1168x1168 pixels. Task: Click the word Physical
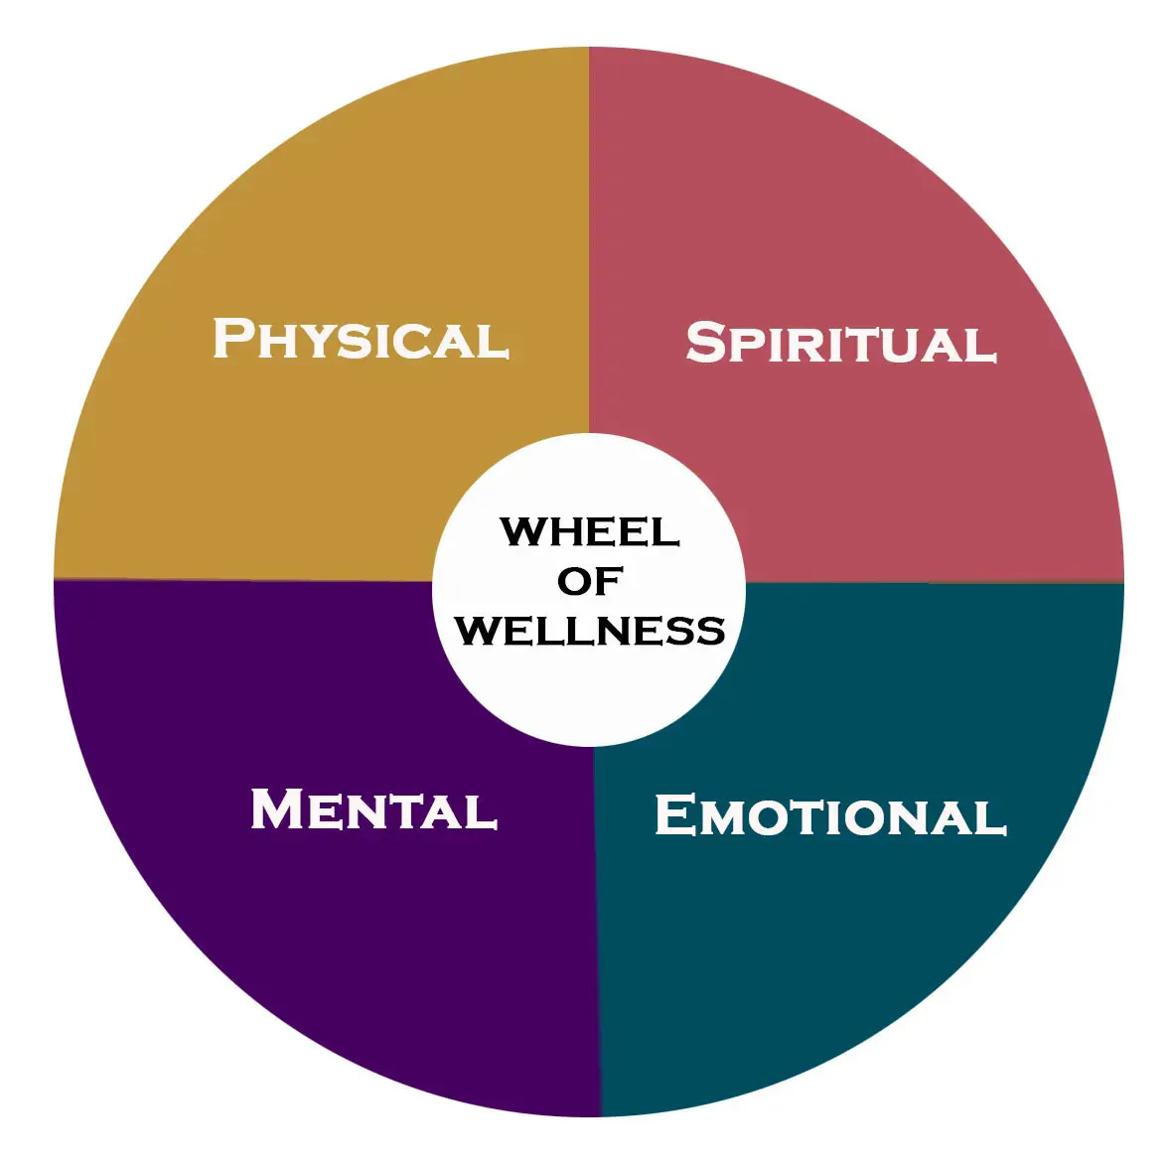tap(362, 340)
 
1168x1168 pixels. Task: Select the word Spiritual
tap(840, 344)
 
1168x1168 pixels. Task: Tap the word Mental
tap(373, 809)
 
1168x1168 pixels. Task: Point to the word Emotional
tap(830, 816)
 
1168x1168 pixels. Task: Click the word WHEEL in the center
tap(590, 531)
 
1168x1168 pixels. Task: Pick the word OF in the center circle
tap(590, 581)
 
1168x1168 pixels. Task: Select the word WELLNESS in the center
tap(590, 631)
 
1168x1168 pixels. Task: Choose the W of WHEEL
tap(522, 531)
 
